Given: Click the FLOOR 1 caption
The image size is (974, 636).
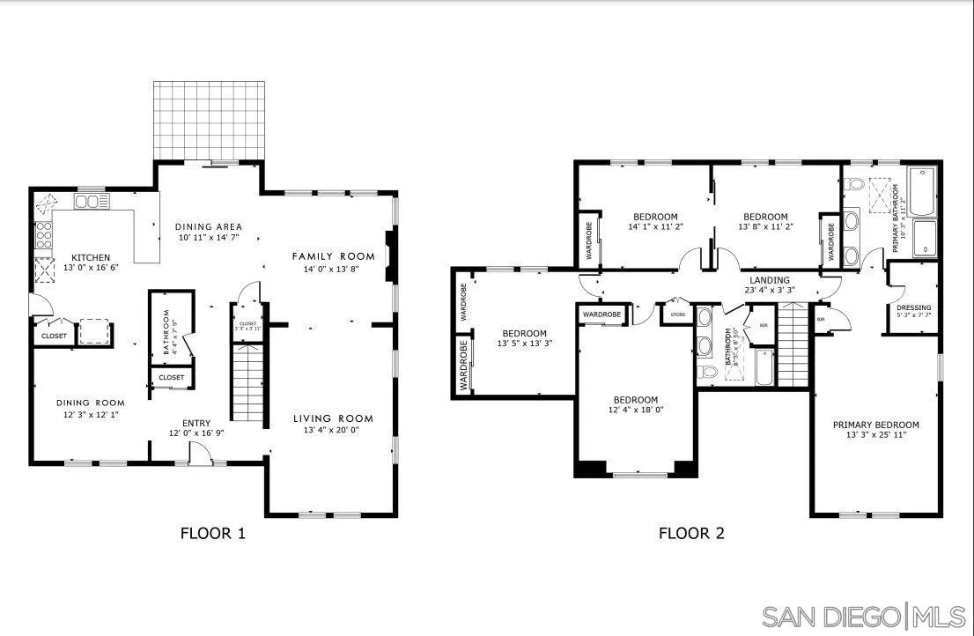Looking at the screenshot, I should pyautogui.click(x=213, y=533).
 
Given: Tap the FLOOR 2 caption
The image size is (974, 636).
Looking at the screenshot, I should pyautogui.click(x=691, y=533).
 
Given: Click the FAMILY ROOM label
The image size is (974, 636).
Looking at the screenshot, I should pyautogui.click(x=333, y=256).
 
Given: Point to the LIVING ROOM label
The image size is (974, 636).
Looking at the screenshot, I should pyautogui.click(x=333, y=418).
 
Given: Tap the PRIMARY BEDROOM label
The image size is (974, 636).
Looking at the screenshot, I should pyautogui.click(x=875, y=425).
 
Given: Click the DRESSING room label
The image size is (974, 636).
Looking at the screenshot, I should pyautogui.click(x=913, y=308).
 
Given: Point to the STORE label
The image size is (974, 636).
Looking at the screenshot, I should pyautogui.click(x=677, y=313).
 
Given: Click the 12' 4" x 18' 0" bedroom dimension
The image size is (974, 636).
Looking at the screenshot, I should pyautogui.click(x=635, y=410).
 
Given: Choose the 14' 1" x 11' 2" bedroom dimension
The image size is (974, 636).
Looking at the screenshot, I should pyautogui.click(x=655, y=226).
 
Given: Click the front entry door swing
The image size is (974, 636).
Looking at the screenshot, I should pyautogui.click(x=201, y=452).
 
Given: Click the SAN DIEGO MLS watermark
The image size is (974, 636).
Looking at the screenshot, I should pyautogui.click(x=862, y=616).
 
